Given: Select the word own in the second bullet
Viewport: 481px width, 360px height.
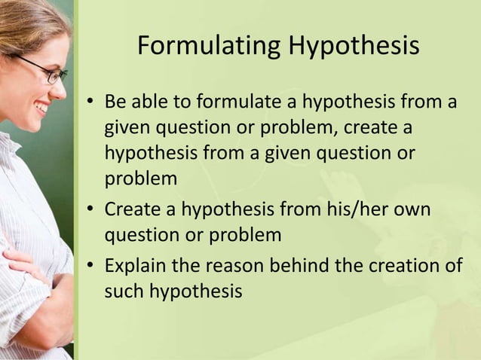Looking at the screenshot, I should coord(412,207).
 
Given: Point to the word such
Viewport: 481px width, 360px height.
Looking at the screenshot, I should coord(124,291).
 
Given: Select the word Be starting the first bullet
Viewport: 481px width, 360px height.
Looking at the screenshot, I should coord(115,101).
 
